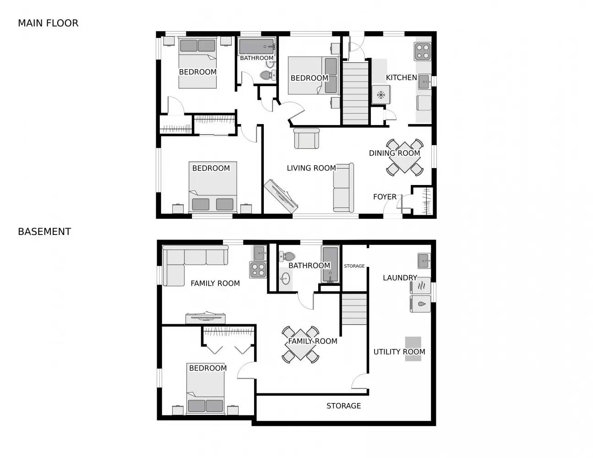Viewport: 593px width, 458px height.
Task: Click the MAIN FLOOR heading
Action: [x=48, y=23]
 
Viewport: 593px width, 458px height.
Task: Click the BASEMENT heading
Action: [x=44, y=232]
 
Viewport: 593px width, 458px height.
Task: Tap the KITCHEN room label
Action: [x=401, y=78]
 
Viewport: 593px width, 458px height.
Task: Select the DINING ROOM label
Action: [x=394, y=153]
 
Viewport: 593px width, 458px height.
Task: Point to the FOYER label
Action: [x=385, y=197]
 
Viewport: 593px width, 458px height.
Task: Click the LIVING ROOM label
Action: [x=311, y=168]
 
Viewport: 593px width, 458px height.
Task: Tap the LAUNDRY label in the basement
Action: [x=400, y=278]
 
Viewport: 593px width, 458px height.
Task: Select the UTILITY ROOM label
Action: [x=399, y=352]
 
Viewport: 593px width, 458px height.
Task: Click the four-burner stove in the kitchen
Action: [x=422, y=51]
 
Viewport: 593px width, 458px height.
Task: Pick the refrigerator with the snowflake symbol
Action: [x=381, y=95]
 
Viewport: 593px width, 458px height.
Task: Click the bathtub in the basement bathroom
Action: [x=330, y=264]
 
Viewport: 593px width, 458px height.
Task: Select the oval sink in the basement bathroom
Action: [x=285, y=278]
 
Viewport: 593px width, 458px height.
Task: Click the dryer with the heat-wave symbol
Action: [x=420, y=286]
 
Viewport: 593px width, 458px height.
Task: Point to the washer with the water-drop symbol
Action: [x=420, y=304]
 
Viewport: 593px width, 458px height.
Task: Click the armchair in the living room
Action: [x=306, y=138]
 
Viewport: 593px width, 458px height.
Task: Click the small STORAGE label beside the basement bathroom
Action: [x=354, y=266]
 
